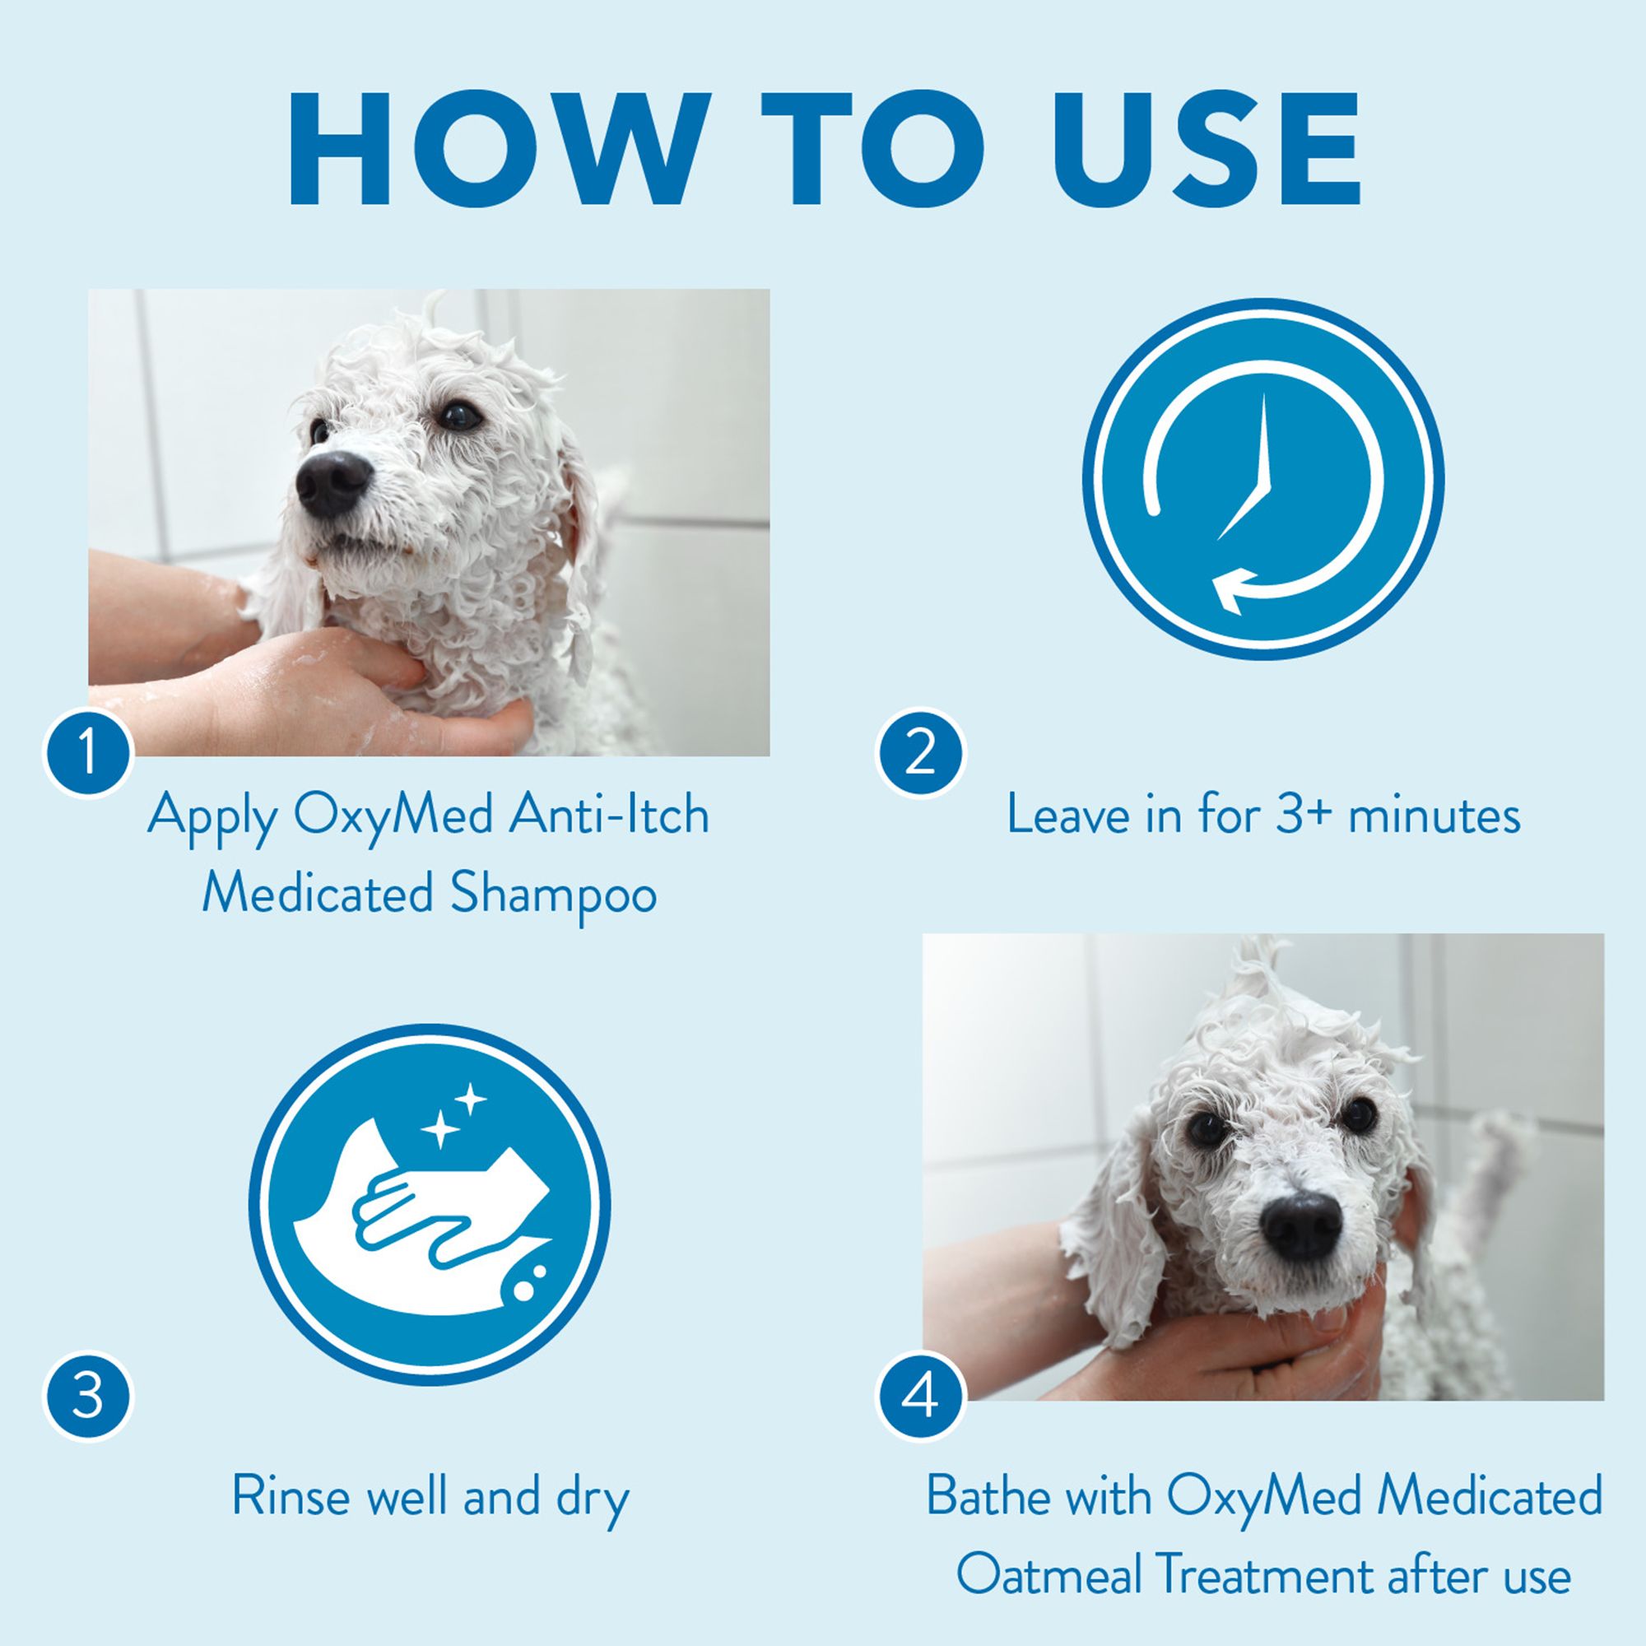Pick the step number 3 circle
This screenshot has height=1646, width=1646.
(88, 1397)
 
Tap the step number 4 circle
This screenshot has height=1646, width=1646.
(919, 1397)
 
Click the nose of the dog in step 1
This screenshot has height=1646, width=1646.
(334, 484)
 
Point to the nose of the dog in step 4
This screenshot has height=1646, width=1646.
(1301, 1227)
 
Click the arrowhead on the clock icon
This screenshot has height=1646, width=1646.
(1234, 589)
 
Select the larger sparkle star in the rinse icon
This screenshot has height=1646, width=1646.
(440, 1131)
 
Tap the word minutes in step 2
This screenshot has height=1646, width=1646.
(1434, 816)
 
